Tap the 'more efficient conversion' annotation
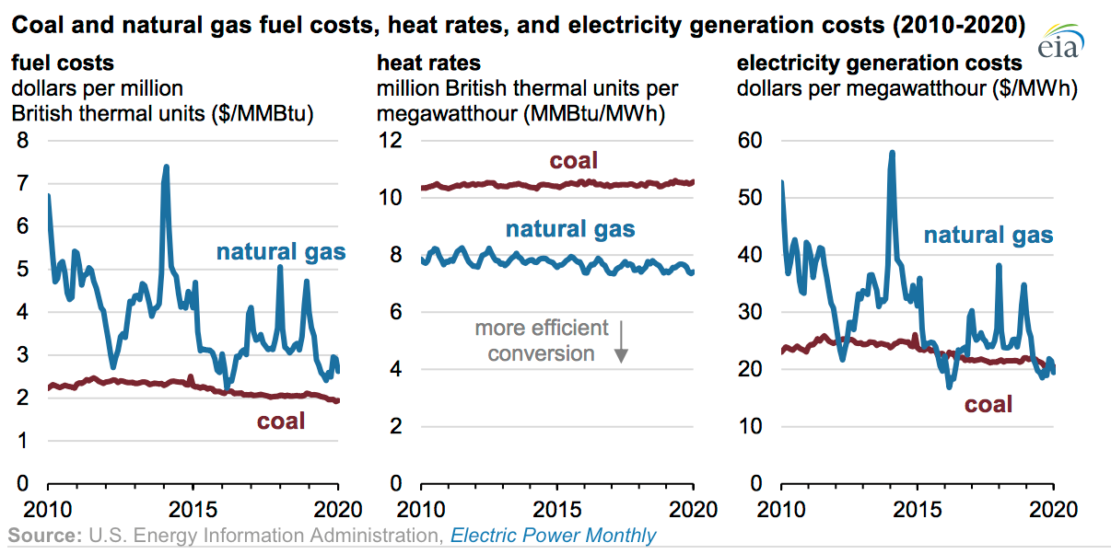(x=542, y=340)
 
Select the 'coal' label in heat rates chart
(x=574, y=161)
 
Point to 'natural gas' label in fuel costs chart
(x=281, y=251)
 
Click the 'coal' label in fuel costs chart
(x=281, y=421)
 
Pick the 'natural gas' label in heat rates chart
(x=570, y=229)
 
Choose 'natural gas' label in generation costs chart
(x=988, y=235)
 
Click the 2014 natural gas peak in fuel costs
(x=166, y=167)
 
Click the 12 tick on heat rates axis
(x=391, y=141)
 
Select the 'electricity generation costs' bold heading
(x=880, y=63)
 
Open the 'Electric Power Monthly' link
(x=554, y=536)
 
